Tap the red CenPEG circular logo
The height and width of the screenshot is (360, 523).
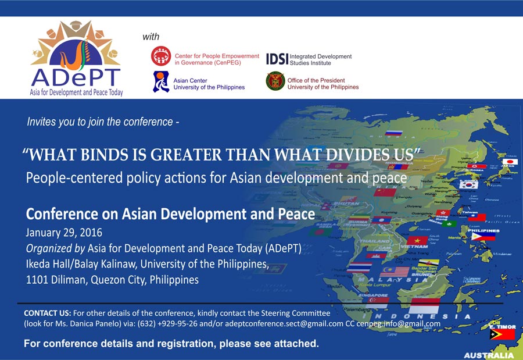coord(161,56)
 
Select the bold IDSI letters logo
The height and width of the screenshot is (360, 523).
coord(276,59)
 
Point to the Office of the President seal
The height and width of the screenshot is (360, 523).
coord(275,82)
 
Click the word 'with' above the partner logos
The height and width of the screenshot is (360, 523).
coord(151,37)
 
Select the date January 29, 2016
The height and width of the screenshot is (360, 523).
coord(64,233)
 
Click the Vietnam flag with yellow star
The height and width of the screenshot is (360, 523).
coord(417,240)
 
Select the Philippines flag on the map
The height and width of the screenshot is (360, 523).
coord(483,235)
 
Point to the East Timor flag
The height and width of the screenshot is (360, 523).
coord(503,334)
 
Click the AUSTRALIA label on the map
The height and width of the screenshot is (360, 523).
coord(489,355)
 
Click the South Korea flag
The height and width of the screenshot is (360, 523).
coord(468,184)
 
